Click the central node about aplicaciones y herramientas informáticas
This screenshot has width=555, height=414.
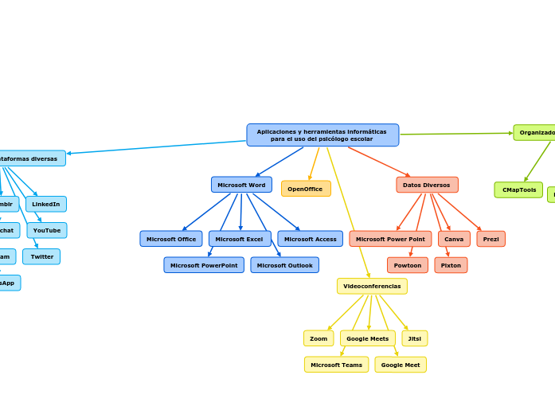(x=322, y=135)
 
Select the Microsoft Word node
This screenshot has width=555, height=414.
(x=241, y=185)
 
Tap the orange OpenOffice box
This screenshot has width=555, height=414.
(x=306, y=189)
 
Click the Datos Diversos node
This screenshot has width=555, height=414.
(x=427, y=185)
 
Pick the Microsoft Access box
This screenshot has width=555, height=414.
(x=310, y=239)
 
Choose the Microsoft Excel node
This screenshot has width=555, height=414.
(x=240, y=239)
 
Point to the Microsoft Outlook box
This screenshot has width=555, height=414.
(x=284, y=265)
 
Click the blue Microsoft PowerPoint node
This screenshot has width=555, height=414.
(x=204, y=265)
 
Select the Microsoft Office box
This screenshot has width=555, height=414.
(x=171, y=239)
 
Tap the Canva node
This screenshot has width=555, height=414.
(x=454, y=239)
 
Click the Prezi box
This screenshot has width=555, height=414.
(x=491, y=239)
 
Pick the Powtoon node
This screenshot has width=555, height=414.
(x=408, y=265)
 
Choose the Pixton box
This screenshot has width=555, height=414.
(x=451, y=265)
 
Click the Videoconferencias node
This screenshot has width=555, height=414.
(x=372, y=286)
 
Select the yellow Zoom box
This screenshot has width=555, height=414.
(x=319, y=338)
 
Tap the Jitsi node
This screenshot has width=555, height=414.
(x=415, y=338)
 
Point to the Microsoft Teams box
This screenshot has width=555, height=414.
(x=336, y=365)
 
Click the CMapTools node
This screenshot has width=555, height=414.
(x=518, y=189)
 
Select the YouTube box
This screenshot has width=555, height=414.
(x=47, y=230)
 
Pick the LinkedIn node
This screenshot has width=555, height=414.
(x=46, y=204)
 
